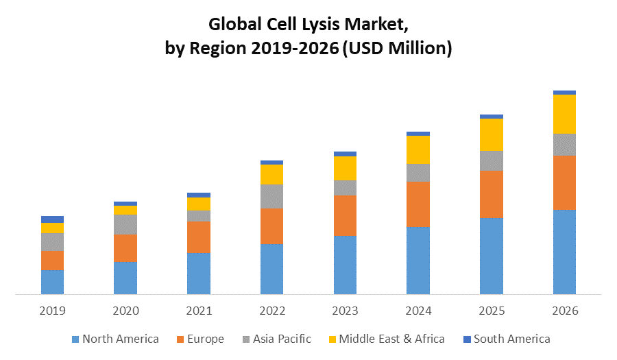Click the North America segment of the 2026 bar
(564, 252)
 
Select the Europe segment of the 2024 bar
(418, 204)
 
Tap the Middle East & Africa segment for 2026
(564, 114)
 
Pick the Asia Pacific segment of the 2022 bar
(271, 196)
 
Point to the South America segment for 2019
(52, 219)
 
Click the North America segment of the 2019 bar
(52, 282)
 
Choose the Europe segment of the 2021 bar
(199, 237)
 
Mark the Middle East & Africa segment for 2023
(345, 168)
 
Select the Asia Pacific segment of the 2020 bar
(125, 224)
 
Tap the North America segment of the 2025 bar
(492, 256)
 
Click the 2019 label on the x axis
(52, 311)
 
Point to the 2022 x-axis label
(271, 311)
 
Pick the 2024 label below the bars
(418, 311)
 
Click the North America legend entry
(114, 339)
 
